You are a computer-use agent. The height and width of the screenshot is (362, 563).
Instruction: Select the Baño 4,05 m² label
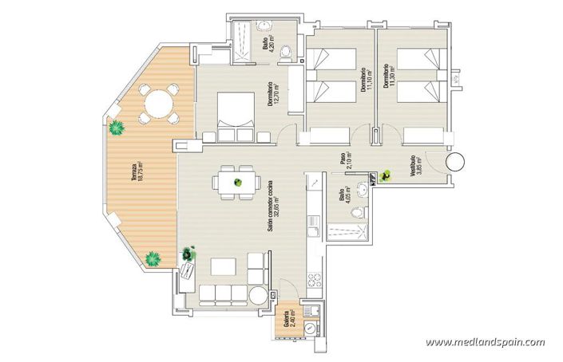[x=345, y=203]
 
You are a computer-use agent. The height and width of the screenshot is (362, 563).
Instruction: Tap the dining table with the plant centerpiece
[x=237, y=182]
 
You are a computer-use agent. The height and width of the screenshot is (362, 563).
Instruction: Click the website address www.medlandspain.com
[x=485, y=343]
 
